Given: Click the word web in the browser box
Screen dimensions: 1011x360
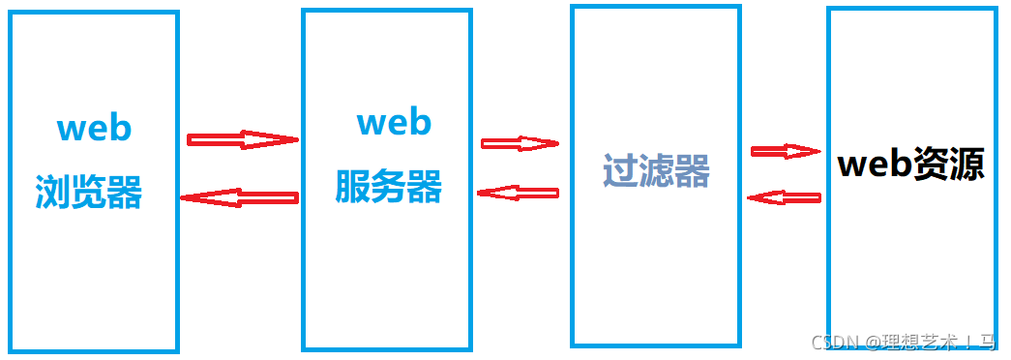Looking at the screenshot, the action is tap(94, 129).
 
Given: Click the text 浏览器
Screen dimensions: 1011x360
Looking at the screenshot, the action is tap(89, 192).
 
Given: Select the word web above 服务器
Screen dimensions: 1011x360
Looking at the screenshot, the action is tap(394, 123).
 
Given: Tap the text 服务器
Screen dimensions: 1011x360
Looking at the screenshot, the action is tap(389, 186).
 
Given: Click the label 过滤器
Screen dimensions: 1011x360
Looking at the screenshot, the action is tap(656, 170).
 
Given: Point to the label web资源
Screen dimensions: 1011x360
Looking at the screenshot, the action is tap(910, 165).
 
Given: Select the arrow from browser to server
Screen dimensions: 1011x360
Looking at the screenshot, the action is tap(242, 139).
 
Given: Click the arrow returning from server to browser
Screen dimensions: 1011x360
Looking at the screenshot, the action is tap(239, 197).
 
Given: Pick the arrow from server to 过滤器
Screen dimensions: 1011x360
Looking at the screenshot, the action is tap(520, 144).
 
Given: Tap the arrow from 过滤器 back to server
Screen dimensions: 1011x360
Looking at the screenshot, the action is tap(519, 192).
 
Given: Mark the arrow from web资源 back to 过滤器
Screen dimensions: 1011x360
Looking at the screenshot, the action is tap(784, 197).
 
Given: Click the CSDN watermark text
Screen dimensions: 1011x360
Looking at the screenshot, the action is tap(836, 342).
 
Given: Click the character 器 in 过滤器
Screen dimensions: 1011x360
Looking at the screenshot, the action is tap(693, 170).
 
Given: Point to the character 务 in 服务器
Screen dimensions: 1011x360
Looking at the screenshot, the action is tap(389, 186).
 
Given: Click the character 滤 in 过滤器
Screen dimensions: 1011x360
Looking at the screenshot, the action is tap(657, 170).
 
